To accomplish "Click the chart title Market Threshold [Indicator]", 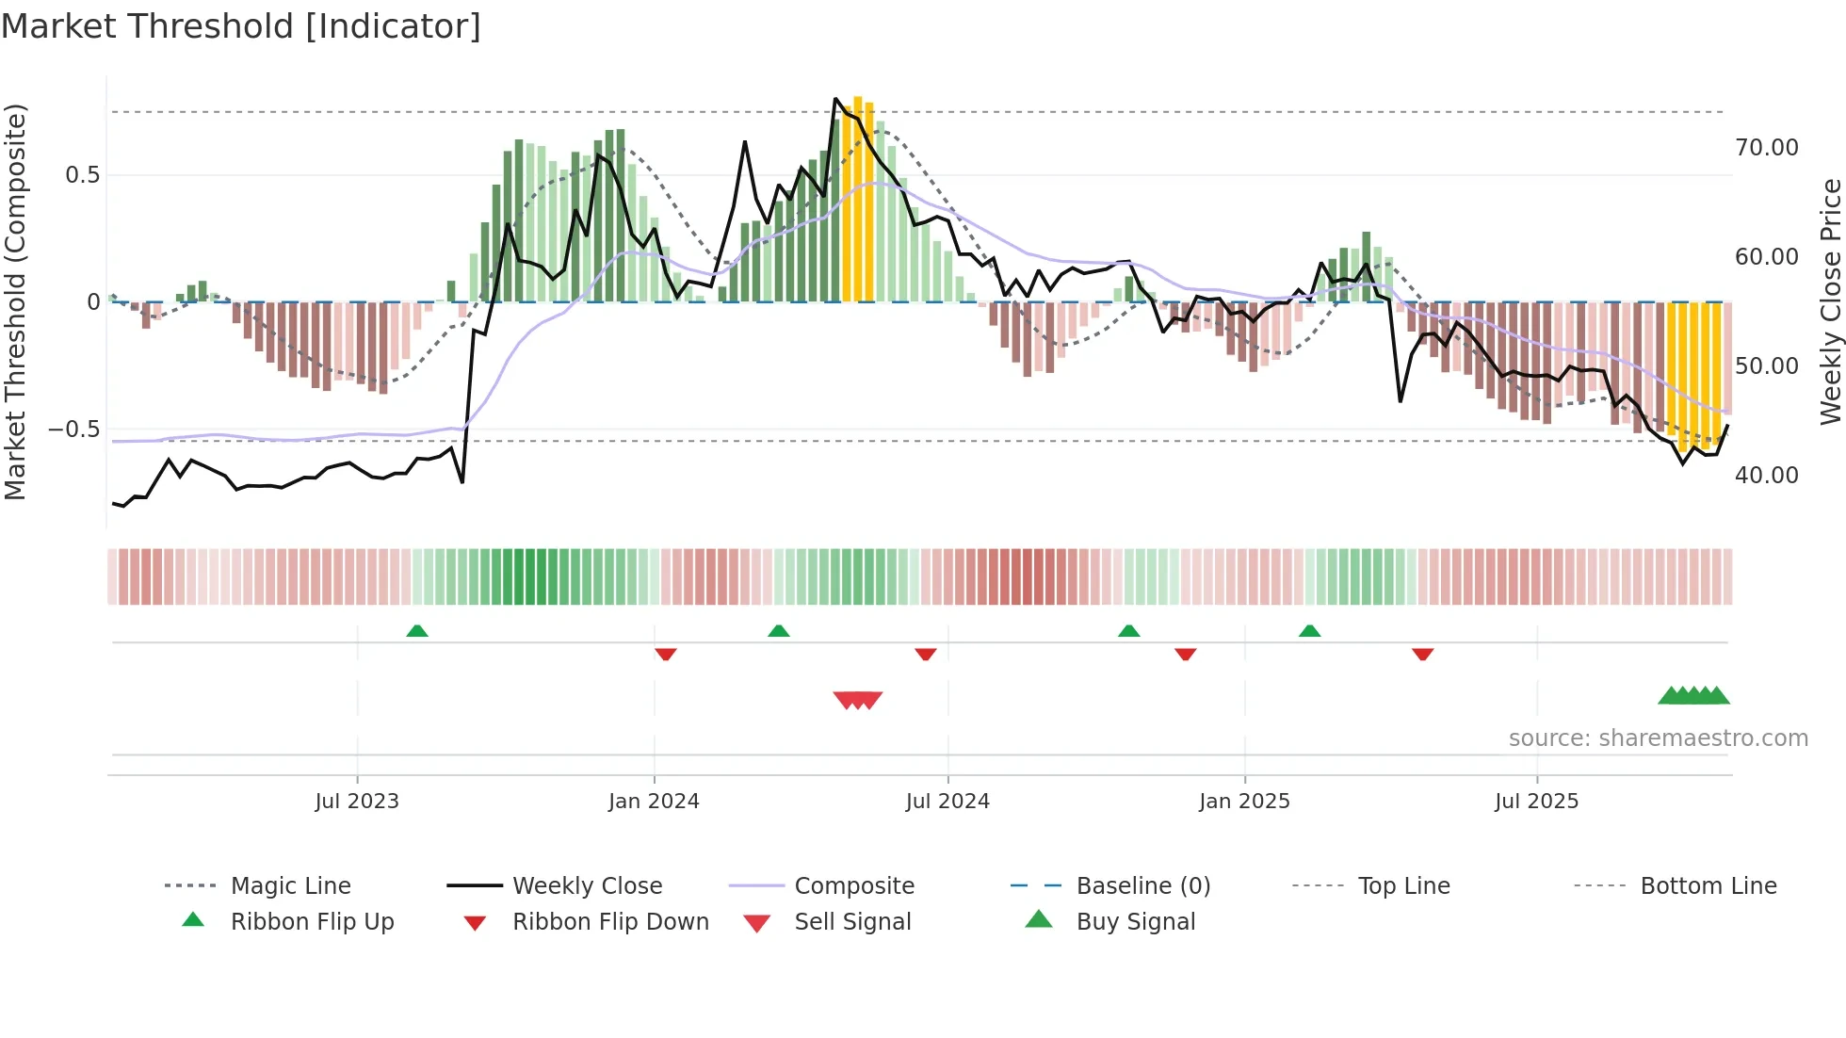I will click(x=241, y=26).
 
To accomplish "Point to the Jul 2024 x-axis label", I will click(x=947, y=802).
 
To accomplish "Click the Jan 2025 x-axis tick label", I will click(x=1244, y=802).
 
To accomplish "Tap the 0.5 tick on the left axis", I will click(x=82, y=175).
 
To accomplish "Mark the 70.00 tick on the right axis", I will click(x=1766, y=148).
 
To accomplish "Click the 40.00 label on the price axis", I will click(x=1766, y=476).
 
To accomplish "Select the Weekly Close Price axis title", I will click(x=1830, y=301).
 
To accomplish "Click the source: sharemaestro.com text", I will click(x=1658, y=738).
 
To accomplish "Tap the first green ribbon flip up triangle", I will click(x=417, y=631).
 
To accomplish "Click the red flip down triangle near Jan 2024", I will click(x=666, y=654).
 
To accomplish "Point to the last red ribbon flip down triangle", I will click(x=1422, y=654).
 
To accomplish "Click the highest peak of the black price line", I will click(x=835, y=99).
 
